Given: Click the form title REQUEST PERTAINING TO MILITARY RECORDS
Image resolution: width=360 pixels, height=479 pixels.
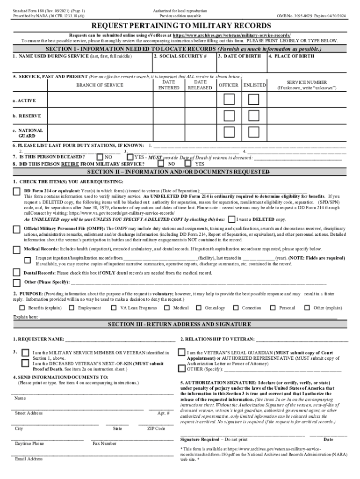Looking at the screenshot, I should point(180,25).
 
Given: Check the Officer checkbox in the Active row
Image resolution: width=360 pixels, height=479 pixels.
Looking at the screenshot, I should point(229,99).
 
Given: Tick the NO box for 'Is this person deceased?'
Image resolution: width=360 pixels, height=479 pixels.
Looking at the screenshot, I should point(100,157).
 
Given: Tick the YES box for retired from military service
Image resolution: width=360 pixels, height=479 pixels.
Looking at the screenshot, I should point(188,164).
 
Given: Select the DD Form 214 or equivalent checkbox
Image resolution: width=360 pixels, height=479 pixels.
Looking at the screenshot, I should point(16,191).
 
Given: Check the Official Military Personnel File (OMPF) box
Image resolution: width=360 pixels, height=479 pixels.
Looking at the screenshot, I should point(16,229).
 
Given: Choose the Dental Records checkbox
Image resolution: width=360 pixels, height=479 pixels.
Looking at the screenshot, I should point(16,273).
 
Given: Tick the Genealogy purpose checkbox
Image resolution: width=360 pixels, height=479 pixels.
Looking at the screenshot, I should point(199,308).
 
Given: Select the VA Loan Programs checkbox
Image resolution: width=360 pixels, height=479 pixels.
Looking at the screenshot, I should point(114,308).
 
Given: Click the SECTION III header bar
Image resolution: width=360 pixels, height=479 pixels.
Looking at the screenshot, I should point(180,324).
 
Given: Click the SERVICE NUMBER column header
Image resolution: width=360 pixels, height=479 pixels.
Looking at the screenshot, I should point(306,82).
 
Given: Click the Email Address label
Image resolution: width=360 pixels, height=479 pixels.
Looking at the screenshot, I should point(29,459).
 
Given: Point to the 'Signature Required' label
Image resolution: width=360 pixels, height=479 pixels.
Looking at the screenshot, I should point(200,439).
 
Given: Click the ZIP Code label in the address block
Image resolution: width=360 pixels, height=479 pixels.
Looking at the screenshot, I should point(156,428).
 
